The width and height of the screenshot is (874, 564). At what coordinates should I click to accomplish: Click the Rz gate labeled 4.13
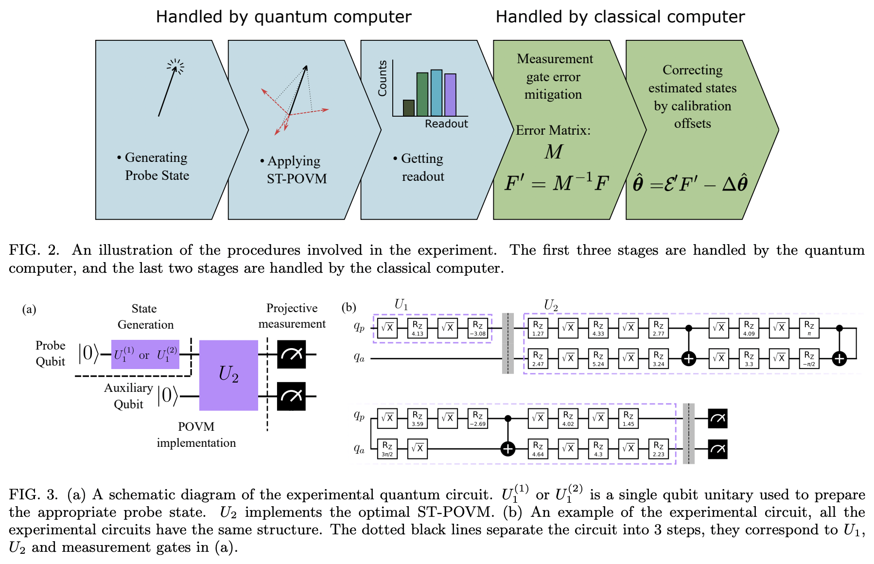[418, 328]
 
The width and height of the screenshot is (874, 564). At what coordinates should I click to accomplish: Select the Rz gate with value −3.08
[478, 328]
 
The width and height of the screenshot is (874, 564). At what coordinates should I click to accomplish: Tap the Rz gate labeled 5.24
[598, 358]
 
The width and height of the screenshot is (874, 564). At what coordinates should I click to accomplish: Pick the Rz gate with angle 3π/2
[387, 448]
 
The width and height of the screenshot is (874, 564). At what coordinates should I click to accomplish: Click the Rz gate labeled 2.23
[659, 448]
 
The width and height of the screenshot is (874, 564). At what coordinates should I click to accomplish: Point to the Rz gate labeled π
[809, 328]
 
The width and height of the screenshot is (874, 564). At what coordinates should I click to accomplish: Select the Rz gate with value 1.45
[629, 418]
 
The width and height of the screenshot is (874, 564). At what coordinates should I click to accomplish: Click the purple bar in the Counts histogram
[450, 95]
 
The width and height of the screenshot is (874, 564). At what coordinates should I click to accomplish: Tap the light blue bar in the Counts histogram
[437, 93]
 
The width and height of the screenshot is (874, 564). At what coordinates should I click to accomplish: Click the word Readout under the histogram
[446, 123]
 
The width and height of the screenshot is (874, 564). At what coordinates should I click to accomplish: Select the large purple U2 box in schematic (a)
[228, 375]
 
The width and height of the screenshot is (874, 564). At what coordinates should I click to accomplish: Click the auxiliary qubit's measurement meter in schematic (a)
[291, 396]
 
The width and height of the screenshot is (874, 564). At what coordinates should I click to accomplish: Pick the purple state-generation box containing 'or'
[145, 354]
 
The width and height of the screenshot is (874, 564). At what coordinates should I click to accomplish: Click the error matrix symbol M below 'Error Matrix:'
[553, 152]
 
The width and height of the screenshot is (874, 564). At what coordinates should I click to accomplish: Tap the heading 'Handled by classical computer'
[620, 17]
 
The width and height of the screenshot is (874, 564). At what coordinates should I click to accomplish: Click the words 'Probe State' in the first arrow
[157, 176]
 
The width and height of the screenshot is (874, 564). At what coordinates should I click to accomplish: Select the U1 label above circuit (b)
[401, 305]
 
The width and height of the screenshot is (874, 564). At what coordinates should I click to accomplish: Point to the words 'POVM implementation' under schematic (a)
[196, 435]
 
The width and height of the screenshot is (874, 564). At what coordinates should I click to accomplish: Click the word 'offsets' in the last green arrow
[692, 123]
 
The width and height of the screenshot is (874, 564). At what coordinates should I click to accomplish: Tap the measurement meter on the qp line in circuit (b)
[718, 418]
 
